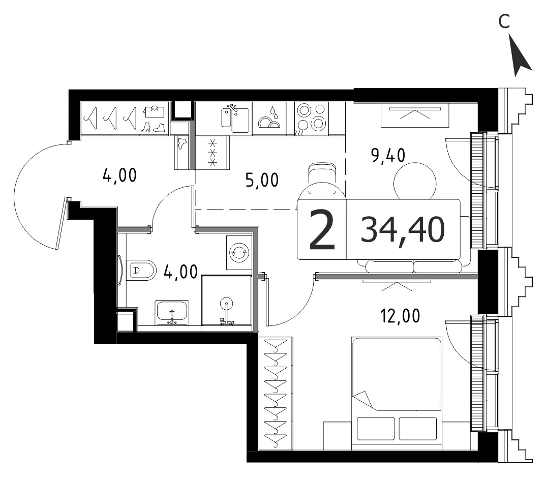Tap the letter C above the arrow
point(504,21)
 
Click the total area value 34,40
point(403,229)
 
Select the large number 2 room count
point(322,230)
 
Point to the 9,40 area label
point(388,156)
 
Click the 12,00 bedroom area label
point(400,316)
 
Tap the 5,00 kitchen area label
point(262,180)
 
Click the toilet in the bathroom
point(141,270)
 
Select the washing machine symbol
point(238,252)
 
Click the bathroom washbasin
point(172,312)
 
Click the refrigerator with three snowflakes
point(212,153)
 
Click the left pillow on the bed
point(376,429)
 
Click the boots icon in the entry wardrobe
point(153,127)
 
